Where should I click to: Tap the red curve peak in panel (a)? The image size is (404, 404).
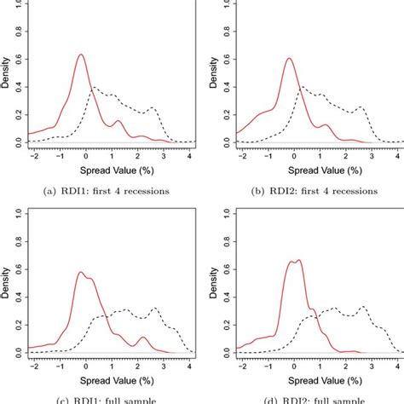pyautogui.click(x=81, y=55)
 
